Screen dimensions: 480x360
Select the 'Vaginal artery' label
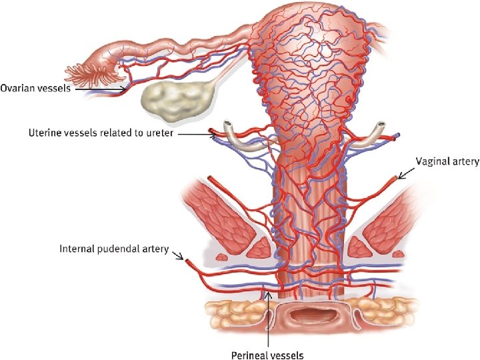pyautogui.click(x=447, y=161)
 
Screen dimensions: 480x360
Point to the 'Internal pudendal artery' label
pyautogui.click(x=113, y=249)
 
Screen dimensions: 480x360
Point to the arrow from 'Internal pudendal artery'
pyautogui.click(x=179, y=255)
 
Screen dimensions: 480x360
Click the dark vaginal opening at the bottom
pyautogui.click(x=306, y=314)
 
